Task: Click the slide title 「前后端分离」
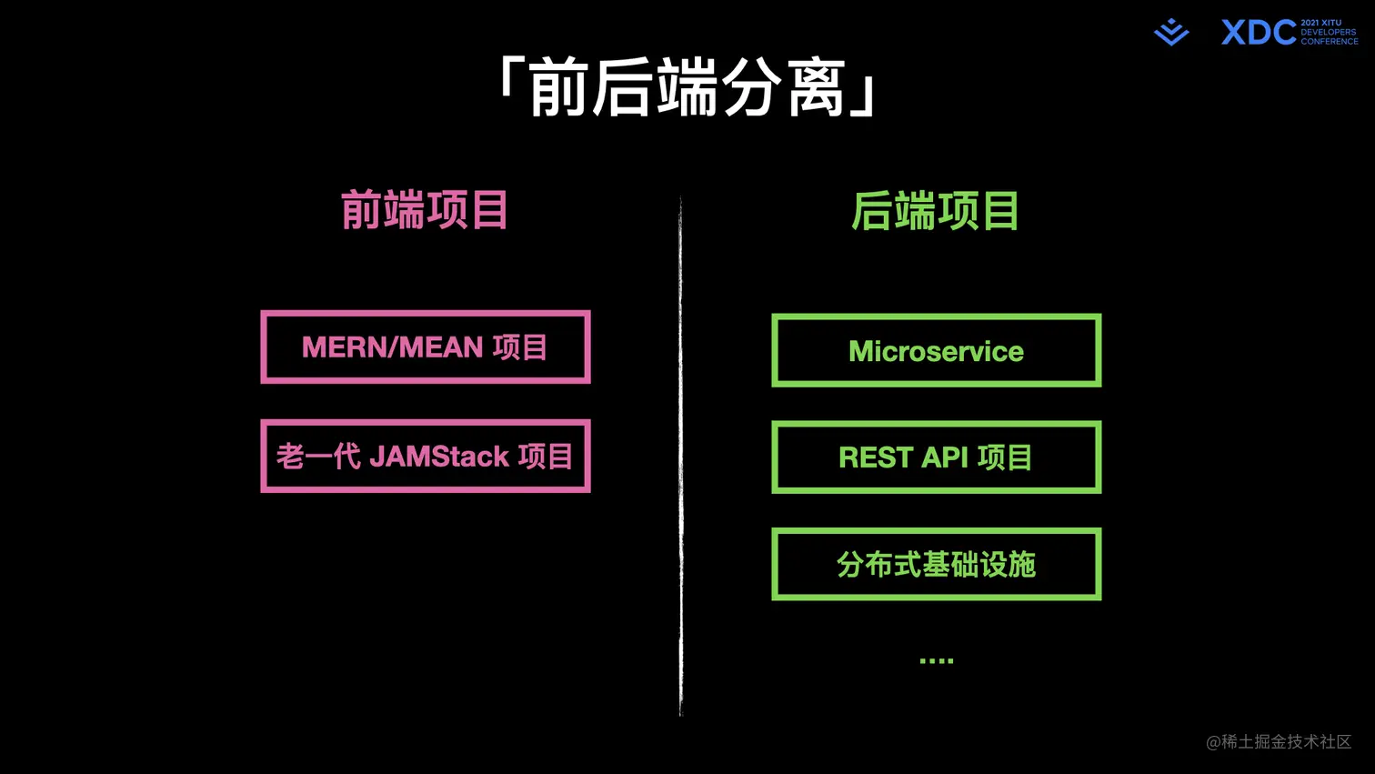coord(687,87)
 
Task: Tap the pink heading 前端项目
coord(425,210)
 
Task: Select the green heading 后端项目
coord(935,211)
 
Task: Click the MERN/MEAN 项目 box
coord(426,347)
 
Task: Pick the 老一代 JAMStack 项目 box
coord(426,456)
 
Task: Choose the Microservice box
coord(936,351)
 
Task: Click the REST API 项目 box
coord(936,457)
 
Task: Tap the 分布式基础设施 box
coord(936,564)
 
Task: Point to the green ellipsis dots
coord(936,660)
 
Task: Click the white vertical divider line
coord(680,455)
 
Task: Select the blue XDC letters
coord(1259,33)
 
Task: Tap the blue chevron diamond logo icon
coord(1171,32)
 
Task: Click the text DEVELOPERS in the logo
coord(1328,33)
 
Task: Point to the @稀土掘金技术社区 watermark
coord(1279,742)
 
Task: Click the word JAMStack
coord(438,456)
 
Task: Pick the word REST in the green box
coord(875,457)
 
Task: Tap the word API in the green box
coord(944,457)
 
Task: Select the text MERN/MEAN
coord(392,347)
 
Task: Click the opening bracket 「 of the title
coord(510,77)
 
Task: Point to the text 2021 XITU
coord(1320,23)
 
